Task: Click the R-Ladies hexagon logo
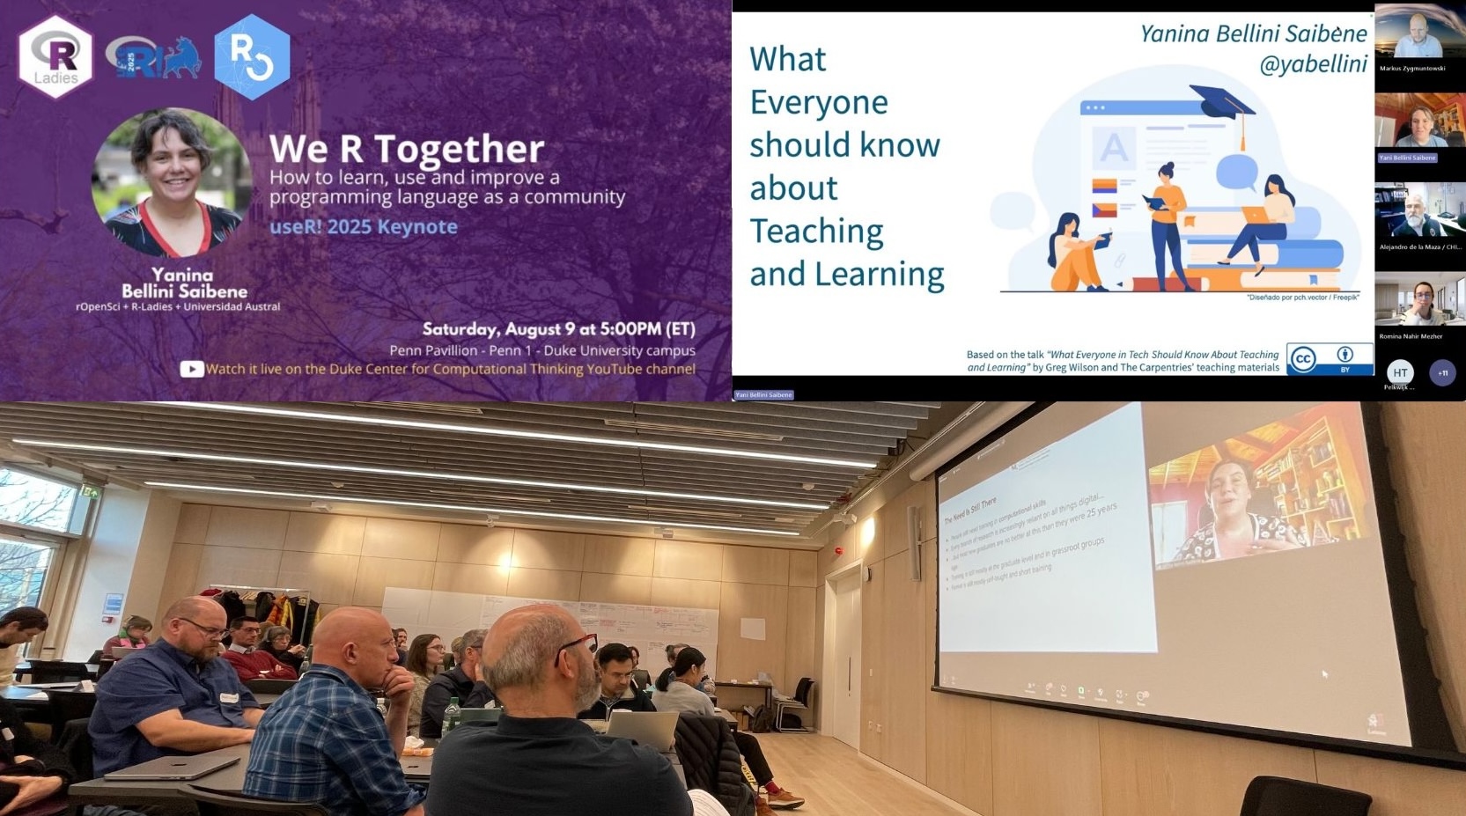(x=55, y=56)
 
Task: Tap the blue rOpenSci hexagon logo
(x=252, y=56)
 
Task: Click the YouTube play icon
(x=191, y=369)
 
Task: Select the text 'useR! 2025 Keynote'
(x=363, y=226)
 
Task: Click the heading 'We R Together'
(x=406, y=148)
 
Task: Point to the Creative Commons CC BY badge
(x=1329, y=358)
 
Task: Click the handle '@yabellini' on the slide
(x=1313, y=63)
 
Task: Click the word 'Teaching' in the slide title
(x=815, y=231)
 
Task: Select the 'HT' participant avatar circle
(x=1400, y=372)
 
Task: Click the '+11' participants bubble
(x=1442, y=372)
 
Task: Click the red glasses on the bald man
(x=576, y=647)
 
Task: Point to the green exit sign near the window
(x=92, y=493)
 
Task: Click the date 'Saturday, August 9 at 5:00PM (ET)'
(x=558, y=329)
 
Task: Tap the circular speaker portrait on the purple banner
(x=172, y=183)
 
